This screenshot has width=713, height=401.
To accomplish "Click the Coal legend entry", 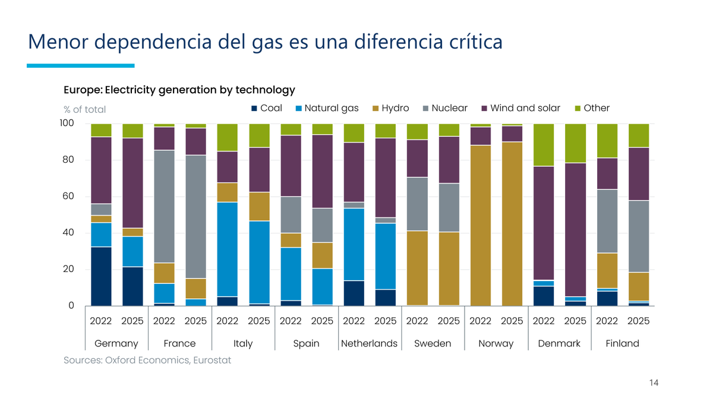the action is coord(267,108).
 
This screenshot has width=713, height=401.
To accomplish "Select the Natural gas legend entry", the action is coord(327,108).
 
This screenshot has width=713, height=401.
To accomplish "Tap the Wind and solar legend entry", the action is coord(520,108).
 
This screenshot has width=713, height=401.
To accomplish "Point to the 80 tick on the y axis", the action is coord(68,159).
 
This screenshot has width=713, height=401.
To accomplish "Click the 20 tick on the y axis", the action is coord(68,269).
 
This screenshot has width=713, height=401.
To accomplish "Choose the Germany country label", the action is coord(116,343).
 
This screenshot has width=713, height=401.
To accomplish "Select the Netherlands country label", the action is coord(369,343).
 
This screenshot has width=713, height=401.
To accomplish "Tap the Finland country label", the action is coord(622,343).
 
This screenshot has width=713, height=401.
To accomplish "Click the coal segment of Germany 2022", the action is coord(101,276).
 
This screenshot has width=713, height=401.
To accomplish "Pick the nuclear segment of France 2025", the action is coord(195,217).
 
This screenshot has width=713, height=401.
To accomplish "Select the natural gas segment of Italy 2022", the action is coord(227,249).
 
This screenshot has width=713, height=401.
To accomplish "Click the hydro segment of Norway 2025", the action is coord(512,224).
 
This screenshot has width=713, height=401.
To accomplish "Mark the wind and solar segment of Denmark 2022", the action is coord(544,223).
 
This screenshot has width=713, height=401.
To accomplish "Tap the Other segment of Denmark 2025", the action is coord(575,143).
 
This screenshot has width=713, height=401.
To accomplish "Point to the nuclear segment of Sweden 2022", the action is coord(417,204).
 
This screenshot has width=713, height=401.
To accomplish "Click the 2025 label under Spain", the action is coord(322,321).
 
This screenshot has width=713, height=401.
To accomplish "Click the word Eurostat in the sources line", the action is coord(212,360).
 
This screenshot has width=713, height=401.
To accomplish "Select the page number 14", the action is coord(654,383).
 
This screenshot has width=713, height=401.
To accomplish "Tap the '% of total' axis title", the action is coord(84,109).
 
